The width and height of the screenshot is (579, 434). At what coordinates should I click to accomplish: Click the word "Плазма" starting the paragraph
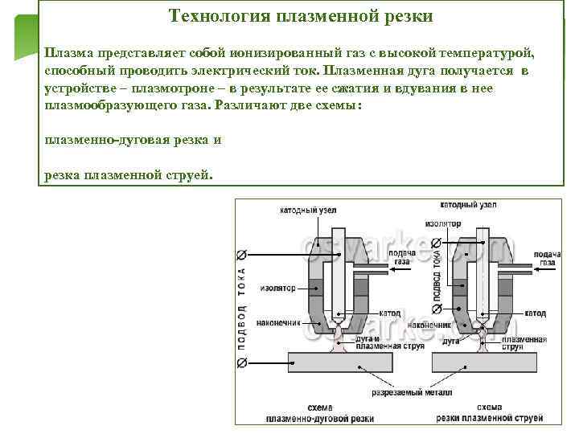(x=68, y=53)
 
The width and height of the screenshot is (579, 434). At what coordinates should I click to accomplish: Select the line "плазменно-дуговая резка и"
(x=133, y=139)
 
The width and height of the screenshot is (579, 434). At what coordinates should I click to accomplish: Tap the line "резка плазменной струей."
(x=129, y=175)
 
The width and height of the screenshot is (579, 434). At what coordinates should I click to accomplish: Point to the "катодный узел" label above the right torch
(x=468, y=205)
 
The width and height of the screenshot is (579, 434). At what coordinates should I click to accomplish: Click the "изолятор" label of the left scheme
(x=278, y=288)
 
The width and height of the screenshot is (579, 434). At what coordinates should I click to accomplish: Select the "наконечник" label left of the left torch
(x=278, y=323)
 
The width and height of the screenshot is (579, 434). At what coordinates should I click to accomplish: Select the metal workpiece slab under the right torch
(x=491, y=363)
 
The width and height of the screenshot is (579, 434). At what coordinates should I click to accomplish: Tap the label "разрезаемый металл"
(x=412, y=393)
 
